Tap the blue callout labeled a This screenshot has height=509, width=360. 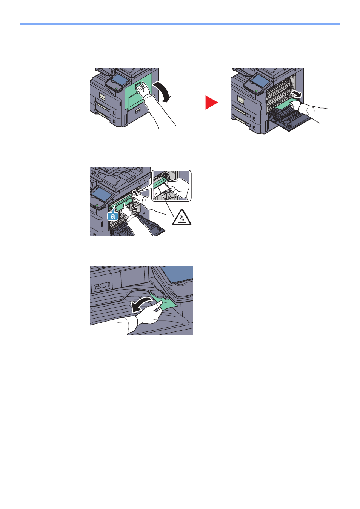[113, 216]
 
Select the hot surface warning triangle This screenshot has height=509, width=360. [182, 217]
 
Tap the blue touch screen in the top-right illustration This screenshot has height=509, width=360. [260, 80]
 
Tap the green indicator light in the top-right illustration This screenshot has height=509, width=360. [256, 91]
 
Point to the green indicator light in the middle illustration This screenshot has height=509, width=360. [97, 205]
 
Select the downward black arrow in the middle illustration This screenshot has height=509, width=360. [135, 208]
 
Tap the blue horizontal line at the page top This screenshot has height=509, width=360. [180, 24]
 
